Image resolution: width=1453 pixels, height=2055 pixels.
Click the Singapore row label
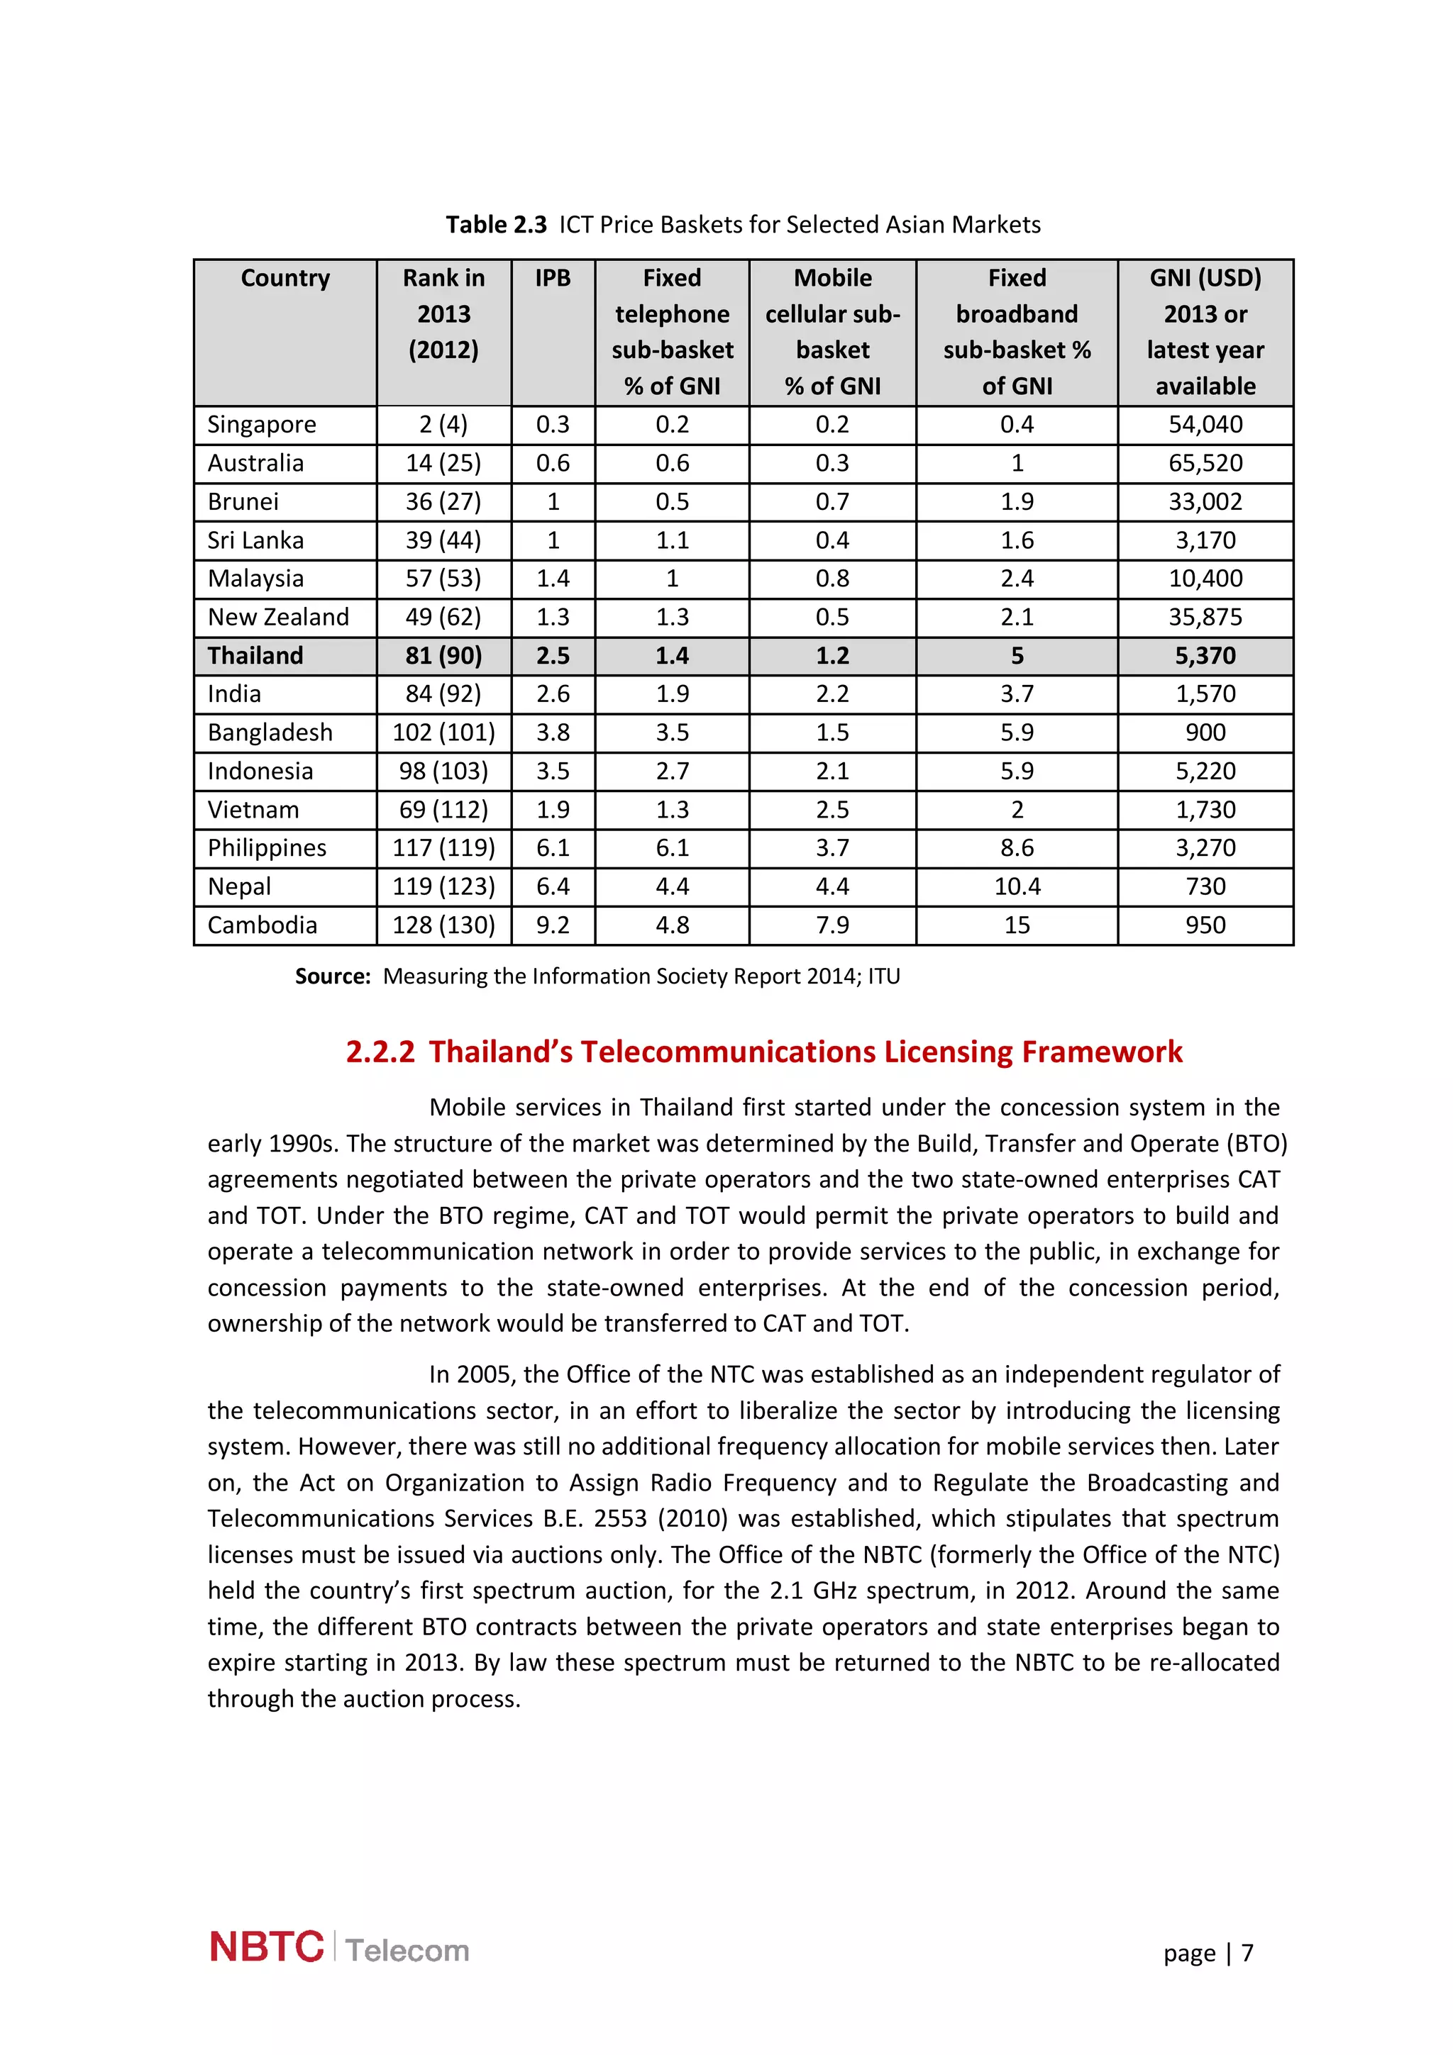(261, 424)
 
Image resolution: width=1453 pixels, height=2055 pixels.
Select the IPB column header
(553, 279)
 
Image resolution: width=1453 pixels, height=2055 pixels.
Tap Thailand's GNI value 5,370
(1204, 655)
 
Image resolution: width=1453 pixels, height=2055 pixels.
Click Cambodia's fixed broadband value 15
(1016, 925)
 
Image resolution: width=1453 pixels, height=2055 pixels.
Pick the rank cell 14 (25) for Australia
(443, 463)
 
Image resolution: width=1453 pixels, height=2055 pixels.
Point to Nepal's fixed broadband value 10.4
(1016, 886)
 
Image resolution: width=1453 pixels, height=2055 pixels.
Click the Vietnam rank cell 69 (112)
(443, 809)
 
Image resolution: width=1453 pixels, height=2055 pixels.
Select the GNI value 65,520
(1204, 463)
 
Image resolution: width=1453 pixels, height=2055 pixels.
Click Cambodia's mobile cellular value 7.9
(832, 925)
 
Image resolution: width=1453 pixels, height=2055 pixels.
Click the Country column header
(284, 279)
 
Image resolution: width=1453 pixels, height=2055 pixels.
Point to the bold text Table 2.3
(496, 225)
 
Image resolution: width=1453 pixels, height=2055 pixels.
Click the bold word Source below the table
(332, 976)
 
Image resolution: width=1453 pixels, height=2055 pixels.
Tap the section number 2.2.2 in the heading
(380, 1052)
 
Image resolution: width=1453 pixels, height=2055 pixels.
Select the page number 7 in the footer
(1247, 1952)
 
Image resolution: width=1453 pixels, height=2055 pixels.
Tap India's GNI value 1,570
(1204, 694)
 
